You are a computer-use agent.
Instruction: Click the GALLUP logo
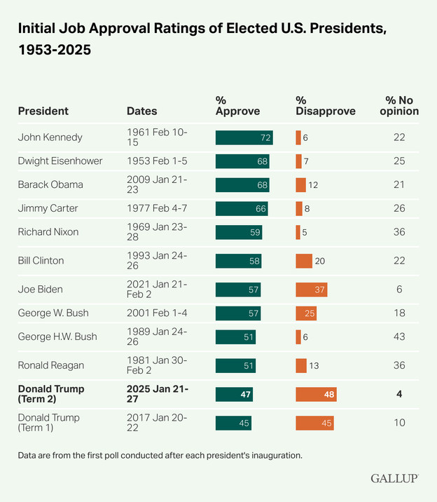(x=394, y=478)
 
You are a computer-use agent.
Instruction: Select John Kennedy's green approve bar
(x=244, y=137)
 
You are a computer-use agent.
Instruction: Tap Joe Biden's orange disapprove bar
(x=311, y=290)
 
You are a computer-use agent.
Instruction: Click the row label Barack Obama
(x=50, y=184)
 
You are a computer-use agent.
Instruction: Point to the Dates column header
(x=141, y=111)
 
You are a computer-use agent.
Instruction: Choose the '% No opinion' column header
(x=402, y=106)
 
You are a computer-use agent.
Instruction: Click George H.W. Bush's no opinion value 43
(x=399, y=337)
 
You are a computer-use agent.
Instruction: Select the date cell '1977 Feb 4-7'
(x=157, y=208)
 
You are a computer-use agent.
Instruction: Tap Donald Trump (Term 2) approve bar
(x=234, y=395)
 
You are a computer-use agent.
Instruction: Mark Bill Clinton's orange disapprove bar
(x=303, y=261)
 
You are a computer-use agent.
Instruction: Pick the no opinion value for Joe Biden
(x=399, y=290)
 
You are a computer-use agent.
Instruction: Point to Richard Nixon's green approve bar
(x=239, y=232)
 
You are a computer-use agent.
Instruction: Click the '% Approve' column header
(x=237, y=106)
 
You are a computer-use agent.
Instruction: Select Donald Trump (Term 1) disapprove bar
(x=314, y=423)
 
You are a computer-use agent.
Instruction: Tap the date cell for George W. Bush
(x=156, y=313)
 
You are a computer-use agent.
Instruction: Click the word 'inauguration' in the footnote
(x=273, y=455)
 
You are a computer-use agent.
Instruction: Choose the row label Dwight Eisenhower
(x=60, y=161)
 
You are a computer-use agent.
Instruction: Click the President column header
(x=43, y=111)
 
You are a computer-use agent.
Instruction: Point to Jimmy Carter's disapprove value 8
(x=307, y=208)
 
